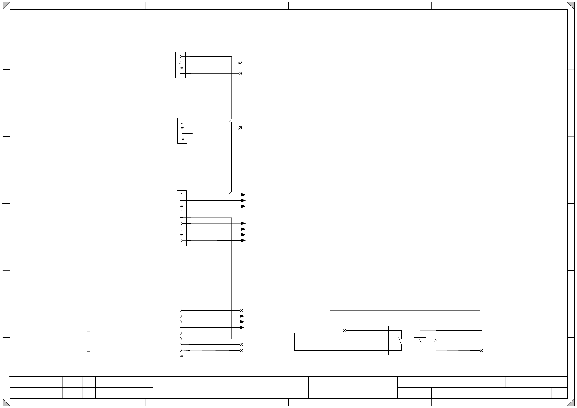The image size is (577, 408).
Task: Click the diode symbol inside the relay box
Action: pos(436,340)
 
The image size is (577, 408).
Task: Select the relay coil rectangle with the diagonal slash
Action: pos(420,340)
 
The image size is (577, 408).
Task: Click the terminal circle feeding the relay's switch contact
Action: pos(344,330)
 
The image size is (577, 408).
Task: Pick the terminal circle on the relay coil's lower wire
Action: pos(481,350)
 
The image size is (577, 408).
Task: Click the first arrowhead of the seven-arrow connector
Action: pos(243,195)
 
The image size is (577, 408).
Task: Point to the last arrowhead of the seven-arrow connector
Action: pos(243,240)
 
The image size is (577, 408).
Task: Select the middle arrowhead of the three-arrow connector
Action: pos(242,322)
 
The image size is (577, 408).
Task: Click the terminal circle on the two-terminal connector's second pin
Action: pos(240,62)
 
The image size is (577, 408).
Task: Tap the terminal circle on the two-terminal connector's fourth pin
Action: pos(240,74)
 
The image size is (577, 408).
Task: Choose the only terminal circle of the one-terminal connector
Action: pos(240,128)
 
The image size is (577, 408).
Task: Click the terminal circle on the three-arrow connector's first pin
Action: pos(241,310)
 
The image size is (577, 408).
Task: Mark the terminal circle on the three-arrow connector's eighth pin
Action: pos(241,350)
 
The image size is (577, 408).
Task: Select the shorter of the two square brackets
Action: pos(88,316)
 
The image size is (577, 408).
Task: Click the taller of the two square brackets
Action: pos(88,342)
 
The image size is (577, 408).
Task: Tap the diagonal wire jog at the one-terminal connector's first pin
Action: pos(230,120)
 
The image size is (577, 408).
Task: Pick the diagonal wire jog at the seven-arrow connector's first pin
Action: pos(230,193)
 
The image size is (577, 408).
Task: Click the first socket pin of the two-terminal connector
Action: pos(180,56)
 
